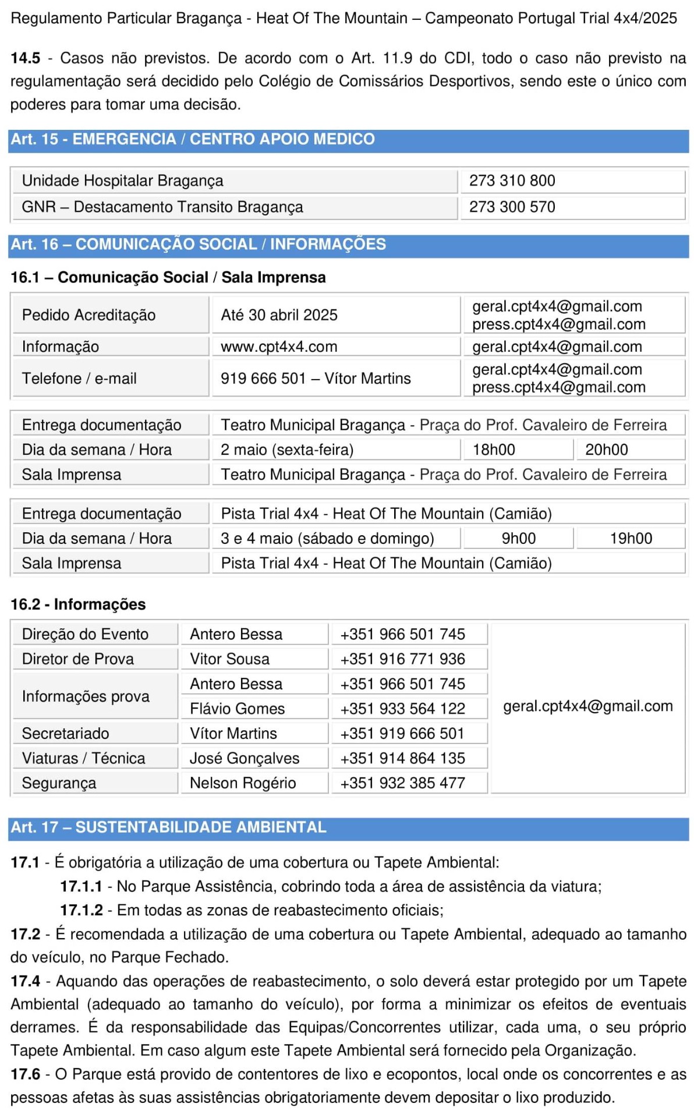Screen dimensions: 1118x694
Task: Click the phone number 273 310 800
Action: pos(512,181)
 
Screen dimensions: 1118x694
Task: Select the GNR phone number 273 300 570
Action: pos(512,207)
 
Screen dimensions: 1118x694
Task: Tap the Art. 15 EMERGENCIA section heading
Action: pos(193,139)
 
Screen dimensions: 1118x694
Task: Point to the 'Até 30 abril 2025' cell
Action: pos(279,315)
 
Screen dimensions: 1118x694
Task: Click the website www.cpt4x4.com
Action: pos(279,347)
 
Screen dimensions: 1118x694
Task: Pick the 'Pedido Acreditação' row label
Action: pos(88,315)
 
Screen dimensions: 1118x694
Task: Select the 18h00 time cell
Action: pos(494,450)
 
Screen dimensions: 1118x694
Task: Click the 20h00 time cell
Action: pos(606,450)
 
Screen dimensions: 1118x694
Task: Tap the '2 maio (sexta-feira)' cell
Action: pos(287,450)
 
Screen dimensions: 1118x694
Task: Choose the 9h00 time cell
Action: pos(518,539)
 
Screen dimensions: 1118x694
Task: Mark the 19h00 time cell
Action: pos(631,539)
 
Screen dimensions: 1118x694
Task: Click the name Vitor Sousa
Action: pos(229,659)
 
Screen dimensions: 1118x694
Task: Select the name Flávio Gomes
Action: pos(237,709)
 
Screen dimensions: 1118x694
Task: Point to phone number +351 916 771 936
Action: pos(402,659)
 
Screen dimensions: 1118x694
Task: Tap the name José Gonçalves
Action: pos(245,758)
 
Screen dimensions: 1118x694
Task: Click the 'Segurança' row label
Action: pos(59,783)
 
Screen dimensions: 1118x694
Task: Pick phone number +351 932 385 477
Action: pos(402,783)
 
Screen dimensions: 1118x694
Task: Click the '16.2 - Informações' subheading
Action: pos(78,604)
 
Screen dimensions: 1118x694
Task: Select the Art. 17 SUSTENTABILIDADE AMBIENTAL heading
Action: pos(168,827)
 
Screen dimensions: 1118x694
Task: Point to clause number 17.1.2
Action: pos(82,910)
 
